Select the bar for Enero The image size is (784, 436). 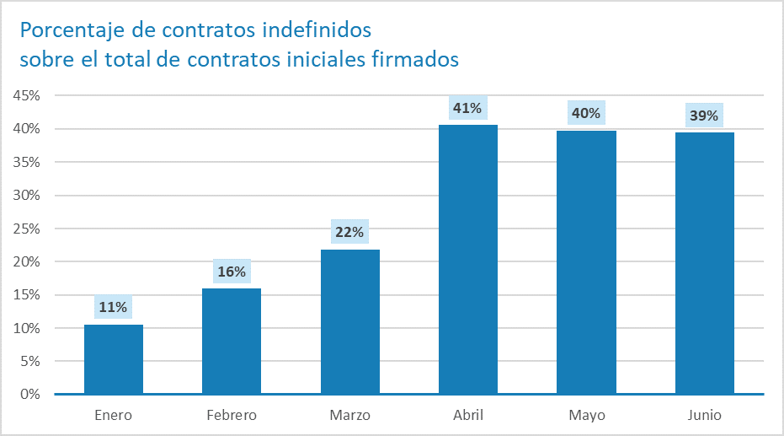(114, 359)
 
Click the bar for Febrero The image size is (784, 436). (232, 341)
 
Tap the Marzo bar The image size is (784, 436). (350, 321)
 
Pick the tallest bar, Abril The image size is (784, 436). (468, 259)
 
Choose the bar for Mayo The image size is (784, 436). (586, 262)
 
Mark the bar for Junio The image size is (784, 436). (705, 263)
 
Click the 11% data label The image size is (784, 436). (113, 307)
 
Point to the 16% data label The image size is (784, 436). (232, 272)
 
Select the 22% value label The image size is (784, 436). (350, 233)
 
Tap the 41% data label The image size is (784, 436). (467, 108)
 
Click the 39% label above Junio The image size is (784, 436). (704, 116)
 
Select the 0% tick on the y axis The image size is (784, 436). (30, 394)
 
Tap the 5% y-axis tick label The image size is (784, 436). (30, 361)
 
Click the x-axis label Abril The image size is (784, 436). (468, 415)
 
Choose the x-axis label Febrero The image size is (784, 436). (232, 415)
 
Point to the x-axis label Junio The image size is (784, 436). (704, 415)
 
